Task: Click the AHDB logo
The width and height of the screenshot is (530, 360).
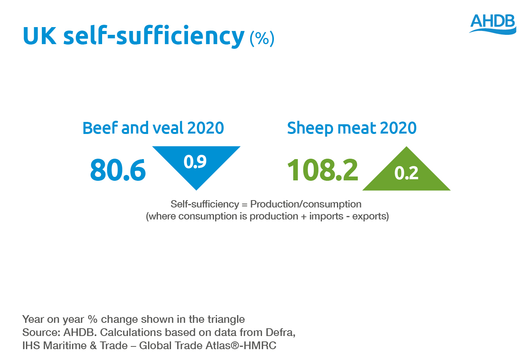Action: [x=493, y=24]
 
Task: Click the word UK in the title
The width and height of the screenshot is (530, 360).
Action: [x=39, y=36]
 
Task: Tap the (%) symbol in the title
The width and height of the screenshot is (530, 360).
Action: [x=262, y=38]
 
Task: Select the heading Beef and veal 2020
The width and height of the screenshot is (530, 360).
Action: [x=153, y=128]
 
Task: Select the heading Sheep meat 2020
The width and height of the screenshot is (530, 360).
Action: [x=352, y=128]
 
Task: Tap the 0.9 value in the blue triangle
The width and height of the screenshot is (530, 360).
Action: [x=195, y=161]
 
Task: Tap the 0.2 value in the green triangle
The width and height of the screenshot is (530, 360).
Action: [x=406, y=173]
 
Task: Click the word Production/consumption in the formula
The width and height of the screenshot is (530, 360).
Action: [x=306, y=204]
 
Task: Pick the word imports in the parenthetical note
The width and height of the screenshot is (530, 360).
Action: [x=326, y=216]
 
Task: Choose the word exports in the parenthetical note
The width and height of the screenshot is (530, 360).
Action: [x=370, y=216]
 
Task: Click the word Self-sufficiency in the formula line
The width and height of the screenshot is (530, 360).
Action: [x=205, y=204]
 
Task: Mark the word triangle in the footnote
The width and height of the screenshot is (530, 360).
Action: [x=226, y=319]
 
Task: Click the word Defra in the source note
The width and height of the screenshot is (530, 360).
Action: [x=280, y=333]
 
